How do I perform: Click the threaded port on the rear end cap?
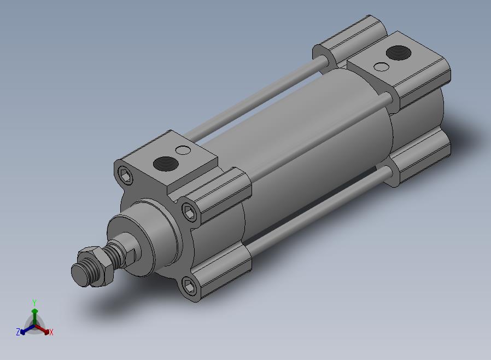[x=399, y=53]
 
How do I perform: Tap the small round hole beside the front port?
[x=183, y=150]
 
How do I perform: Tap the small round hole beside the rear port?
[x=382, y=67]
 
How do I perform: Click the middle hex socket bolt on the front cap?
[x=189, y=212]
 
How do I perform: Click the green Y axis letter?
[x=34, y=303]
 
